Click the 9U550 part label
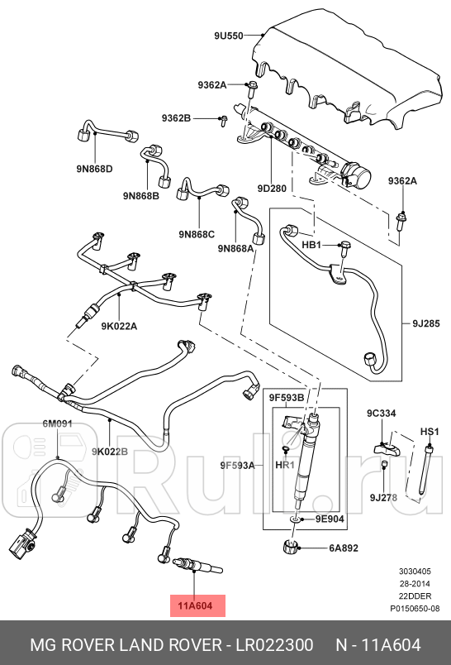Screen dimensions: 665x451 click(229, 36)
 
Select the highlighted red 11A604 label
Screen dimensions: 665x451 click(196, 605)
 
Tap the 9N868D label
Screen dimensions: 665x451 click(94, 169)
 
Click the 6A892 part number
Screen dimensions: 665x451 click(343, 548)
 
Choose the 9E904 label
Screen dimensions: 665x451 click(328, 519)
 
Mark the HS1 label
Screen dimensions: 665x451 click(430, 431)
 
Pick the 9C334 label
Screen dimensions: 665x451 click(382, 413)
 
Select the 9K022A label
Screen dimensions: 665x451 click(121, 326)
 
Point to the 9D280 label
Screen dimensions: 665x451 click(272, 189)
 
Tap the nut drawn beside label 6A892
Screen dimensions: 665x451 click(291, 546)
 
